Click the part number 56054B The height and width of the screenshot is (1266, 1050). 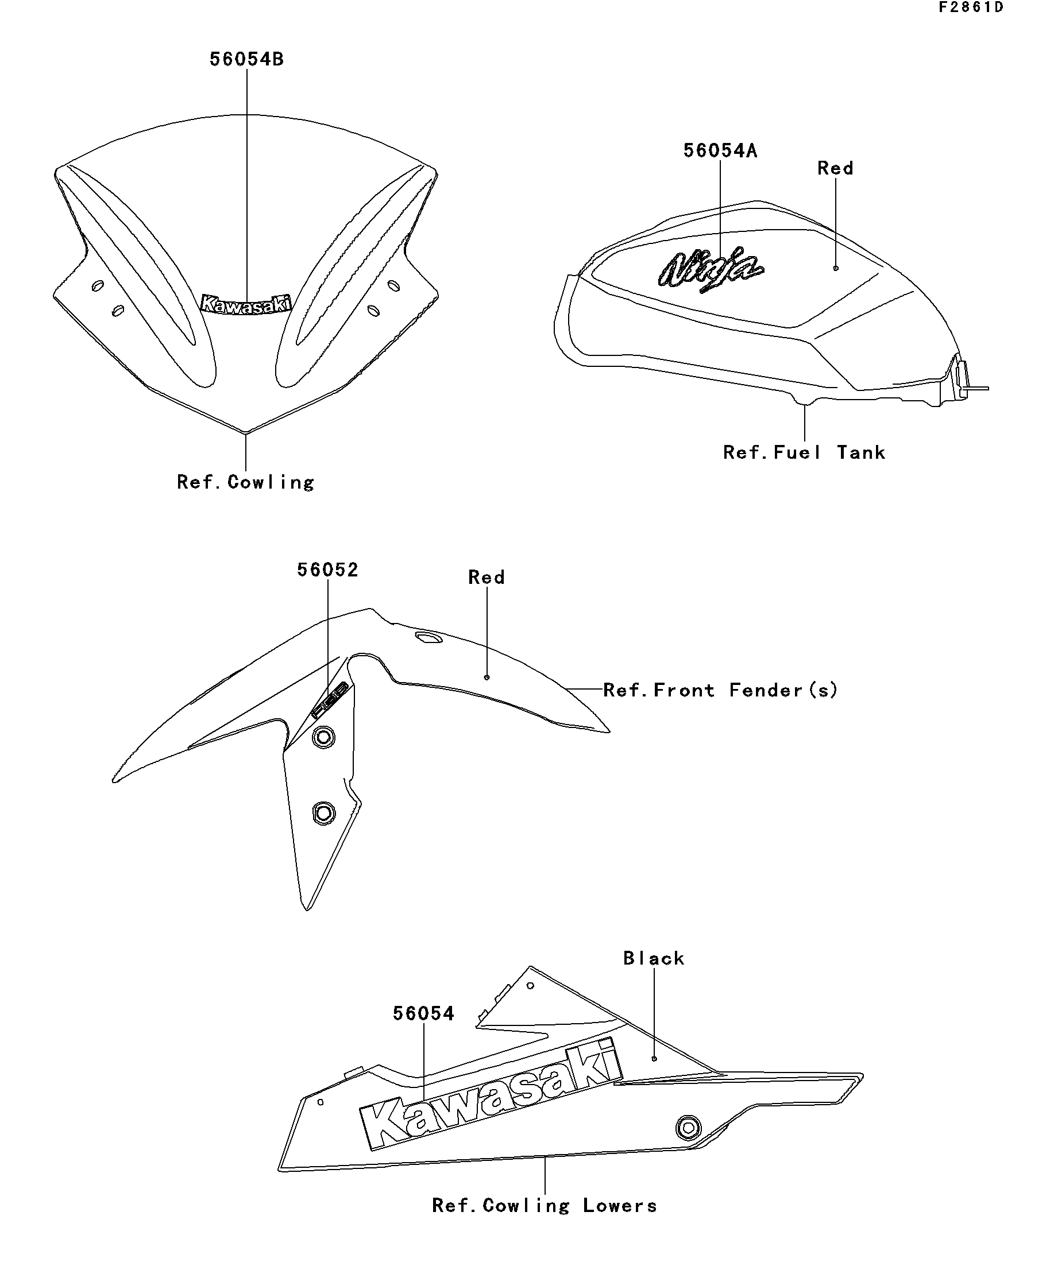[x=246, y=59]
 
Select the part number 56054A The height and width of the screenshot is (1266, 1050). [x=720, y=150]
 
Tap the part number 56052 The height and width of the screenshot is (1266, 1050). [x=327, y=570]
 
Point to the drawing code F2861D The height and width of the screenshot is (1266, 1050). [x=970, y=7]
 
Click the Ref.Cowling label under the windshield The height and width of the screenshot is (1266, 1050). [x=245, y=482]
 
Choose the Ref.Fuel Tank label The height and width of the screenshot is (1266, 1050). [x=804, y=452]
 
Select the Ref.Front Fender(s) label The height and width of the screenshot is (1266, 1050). [x=720, y=690]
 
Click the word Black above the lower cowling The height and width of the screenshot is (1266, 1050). [x=654, y=959]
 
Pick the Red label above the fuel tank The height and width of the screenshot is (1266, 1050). [x=835, y=168]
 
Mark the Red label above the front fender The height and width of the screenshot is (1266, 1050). [x=486, y=578]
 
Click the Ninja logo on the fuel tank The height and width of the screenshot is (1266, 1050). [x=712, y=269]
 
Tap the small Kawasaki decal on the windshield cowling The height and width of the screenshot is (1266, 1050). [x=245, y=304]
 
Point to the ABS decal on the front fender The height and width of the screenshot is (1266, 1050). [x=330, y=700]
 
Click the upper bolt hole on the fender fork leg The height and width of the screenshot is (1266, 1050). [x=324, y=737]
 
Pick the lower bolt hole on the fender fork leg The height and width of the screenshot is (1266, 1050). [x=324, y=813]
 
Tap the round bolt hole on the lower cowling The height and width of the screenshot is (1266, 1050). [x=689, y=1126]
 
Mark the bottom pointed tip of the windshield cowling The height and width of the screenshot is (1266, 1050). [x=245, y=432]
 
